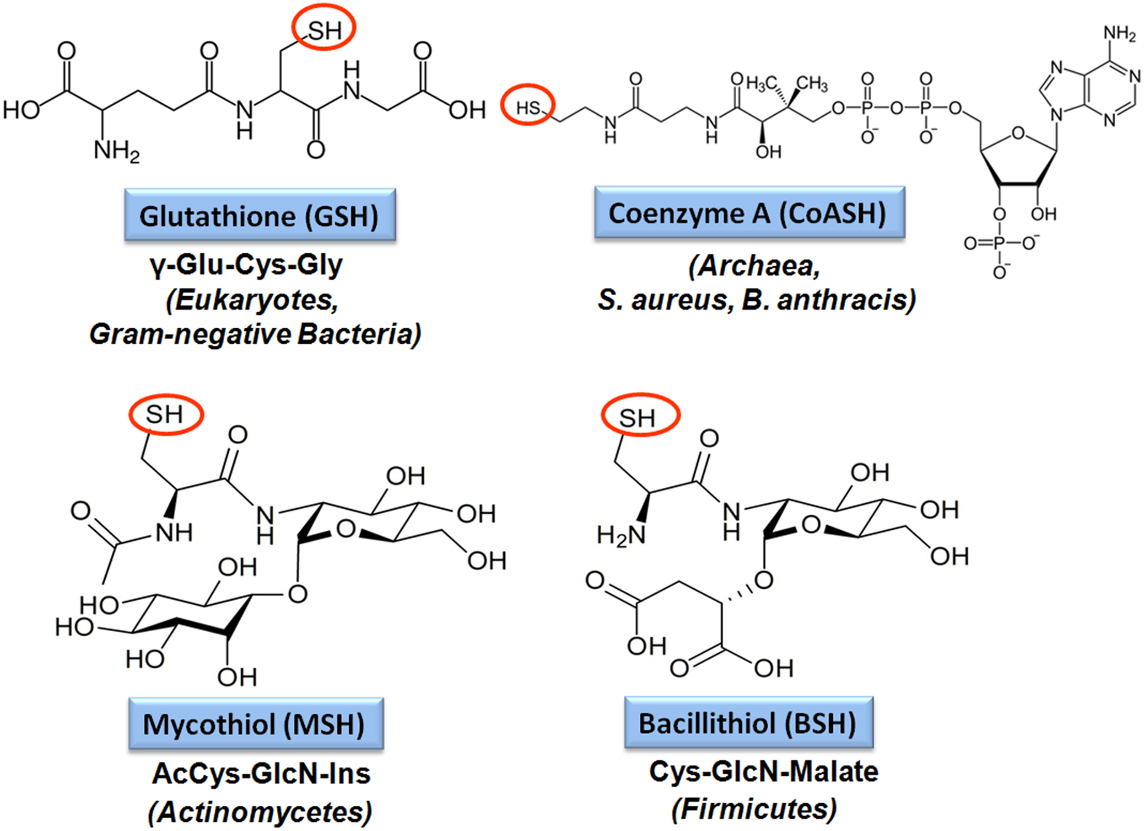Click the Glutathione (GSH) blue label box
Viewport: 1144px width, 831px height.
tap(260, 215)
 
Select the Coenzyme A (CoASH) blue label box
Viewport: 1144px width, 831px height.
tap(750, 213)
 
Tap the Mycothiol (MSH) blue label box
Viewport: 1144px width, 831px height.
tap(256, 724)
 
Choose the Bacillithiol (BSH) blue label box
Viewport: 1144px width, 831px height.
tap(749, 723)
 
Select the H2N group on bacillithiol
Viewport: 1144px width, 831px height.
tap(621, 535)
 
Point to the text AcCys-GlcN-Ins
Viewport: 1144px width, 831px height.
tap(261, 773)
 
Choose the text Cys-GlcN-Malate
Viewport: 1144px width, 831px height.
tap(763, 772)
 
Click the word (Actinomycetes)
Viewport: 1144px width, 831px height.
tap(260, 812)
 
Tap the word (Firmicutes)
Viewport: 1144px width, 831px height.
tap(754, 809)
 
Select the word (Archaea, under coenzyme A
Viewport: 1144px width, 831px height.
tap(754, 266)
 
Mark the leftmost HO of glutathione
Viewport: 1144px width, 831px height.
tap(21, 109)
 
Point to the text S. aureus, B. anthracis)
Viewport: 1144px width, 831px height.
tap(756, 300)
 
